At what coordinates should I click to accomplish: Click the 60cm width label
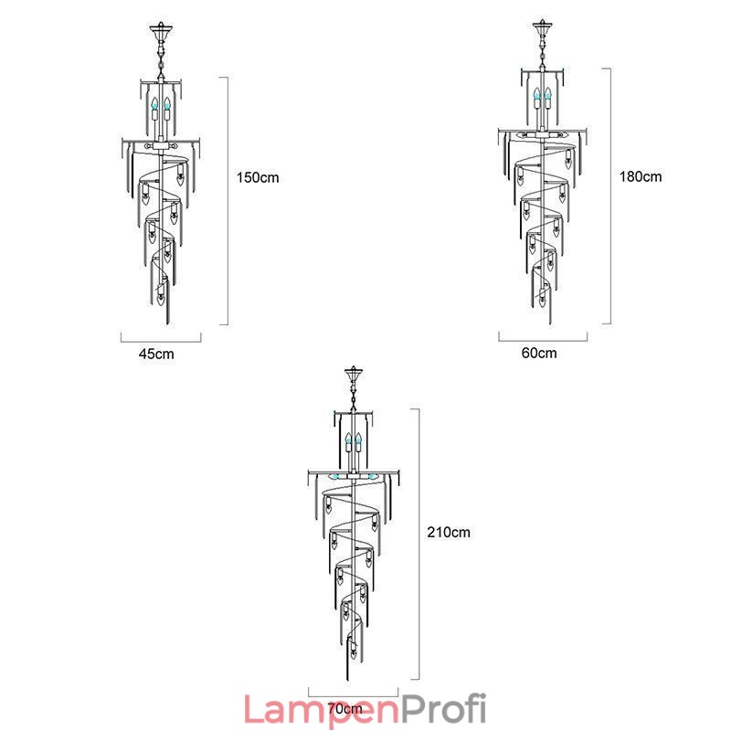pyautogui.click(x=540, y=353)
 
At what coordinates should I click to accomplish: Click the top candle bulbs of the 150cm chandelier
pyautogui.click(x=161, y=105)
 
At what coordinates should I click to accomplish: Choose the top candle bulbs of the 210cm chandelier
pyautogui.click(x=354, y=447)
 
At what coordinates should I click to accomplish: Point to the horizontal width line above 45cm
pyautogui.click(x=161, y=339)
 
